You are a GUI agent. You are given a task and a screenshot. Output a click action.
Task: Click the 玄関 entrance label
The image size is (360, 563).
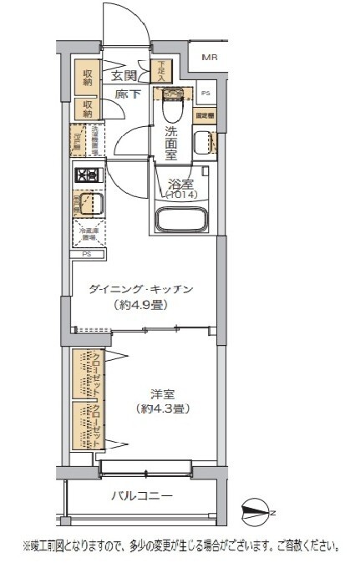(x=124, y=75)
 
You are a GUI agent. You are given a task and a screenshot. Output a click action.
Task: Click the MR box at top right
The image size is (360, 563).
(x=209, y=57)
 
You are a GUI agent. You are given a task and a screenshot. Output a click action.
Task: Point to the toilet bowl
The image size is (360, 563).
(x=172, y=104)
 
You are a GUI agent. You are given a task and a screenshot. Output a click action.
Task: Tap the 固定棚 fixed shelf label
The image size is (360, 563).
(x=204, y=116)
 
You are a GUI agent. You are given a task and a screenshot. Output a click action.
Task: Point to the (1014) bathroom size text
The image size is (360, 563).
(x=181, y=195)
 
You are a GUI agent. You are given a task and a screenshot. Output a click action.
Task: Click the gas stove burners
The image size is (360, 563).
(x=89, y=176)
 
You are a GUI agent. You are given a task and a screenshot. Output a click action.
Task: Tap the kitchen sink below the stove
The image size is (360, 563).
(x=90, y=203)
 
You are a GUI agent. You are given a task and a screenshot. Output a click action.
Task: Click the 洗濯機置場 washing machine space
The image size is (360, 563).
(x=95, y=138)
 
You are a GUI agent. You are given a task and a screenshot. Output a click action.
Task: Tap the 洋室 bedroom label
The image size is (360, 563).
(x=162, y=393)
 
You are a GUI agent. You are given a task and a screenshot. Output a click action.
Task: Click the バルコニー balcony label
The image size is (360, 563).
(x=142, y=495)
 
